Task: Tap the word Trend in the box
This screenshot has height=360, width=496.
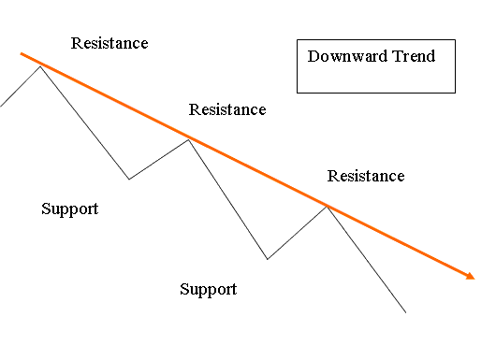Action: click(413, 56)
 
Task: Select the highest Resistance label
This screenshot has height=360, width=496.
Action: click(109, 43)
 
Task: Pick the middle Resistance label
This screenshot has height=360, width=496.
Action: click(227, 109)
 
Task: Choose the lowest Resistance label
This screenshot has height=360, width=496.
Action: click(366, 176)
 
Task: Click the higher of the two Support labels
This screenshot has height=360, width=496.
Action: click(70, 209)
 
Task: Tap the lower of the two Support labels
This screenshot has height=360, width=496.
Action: click(208, 289)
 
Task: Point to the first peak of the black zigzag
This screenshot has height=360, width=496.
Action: click(39, 65)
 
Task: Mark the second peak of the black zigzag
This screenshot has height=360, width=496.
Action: click(189, 139)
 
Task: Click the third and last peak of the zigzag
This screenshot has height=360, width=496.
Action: click(327, 206)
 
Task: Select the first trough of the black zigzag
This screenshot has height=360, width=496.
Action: click(129, 179)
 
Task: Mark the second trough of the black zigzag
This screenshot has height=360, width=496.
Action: click(268, 259)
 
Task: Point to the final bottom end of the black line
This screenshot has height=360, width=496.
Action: click(405, 312)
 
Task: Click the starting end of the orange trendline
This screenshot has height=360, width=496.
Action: click(19, 54)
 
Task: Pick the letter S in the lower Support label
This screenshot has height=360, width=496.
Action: click(184, 289)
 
